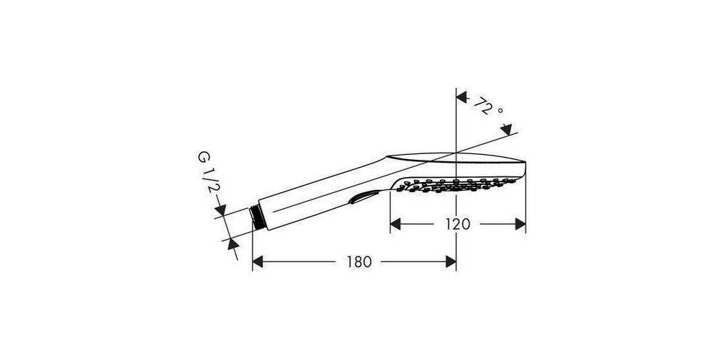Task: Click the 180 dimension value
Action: [358, 262]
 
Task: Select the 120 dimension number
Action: [457, 224]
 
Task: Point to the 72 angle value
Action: [484, 107]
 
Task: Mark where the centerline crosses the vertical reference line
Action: [456, 153]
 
